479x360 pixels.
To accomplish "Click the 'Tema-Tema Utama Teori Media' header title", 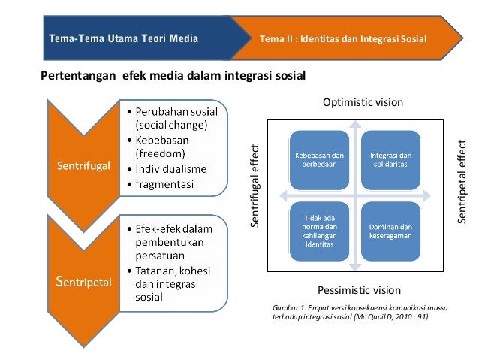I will pos(123,38).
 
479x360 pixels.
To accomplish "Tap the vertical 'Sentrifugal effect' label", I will pos(255,186).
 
